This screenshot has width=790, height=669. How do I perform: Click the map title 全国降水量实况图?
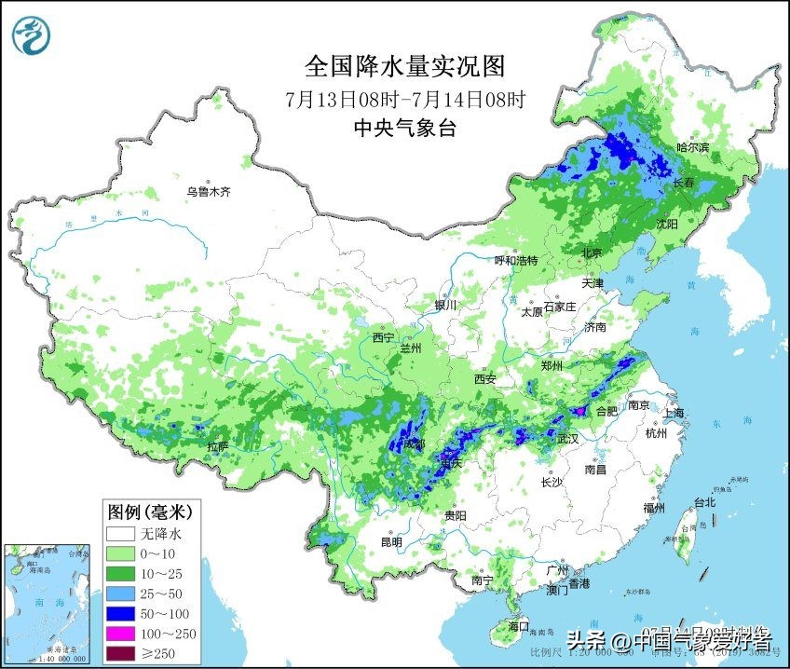405,67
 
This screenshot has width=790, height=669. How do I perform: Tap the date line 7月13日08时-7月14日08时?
405,99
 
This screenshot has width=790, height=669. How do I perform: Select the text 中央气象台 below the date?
405,129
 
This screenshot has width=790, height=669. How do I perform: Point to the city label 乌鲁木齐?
207,192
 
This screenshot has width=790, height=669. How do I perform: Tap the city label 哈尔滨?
692,147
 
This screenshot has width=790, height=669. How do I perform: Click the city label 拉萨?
217,446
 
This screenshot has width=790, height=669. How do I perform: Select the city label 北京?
592,253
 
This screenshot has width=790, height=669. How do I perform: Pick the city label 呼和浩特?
515,261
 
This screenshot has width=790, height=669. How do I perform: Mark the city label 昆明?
391,541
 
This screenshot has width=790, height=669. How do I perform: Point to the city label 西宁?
383,336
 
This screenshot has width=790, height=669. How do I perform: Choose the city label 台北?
704,502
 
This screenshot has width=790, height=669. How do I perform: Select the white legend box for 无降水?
121,535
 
